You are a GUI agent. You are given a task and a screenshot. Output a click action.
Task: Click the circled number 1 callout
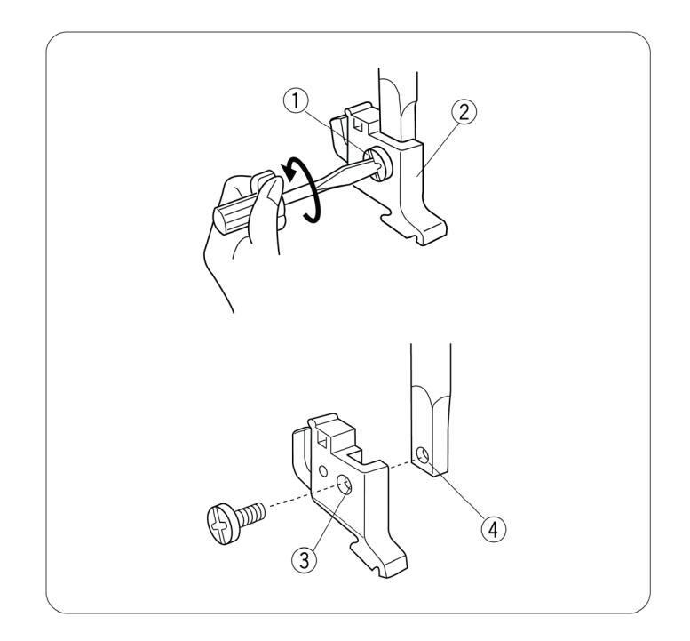tap(296, 101)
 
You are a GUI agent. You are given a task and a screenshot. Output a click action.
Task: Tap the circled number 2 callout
tap(464, 112)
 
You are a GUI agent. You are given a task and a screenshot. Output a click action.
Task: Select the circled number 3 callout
tap(304, 560)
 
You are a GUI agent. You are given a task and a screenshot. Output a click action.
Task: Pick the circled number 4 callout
tap(493, 528)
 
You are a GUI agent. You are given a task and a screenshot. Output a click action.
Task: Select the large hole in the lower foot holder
tap(345, 485)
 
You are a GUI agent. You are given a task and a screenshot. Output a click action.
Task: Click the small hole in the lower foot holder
tap(323, 471)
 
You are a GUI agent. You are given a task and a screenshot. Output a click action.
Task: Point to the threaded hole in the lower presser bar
tap(423, 455)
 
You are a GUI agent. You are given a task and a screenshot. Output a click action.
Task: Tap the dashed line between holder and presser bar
tap(401, 464)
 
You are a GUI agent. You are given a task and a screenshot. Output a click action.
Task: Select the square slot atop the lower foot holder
tap(321, 438)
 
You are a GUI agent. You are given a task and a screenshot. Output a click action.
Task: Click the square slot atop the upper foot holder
tap(359, 125)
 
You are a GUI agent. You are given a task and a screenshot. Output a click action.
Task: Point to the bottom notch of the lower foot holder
tap(376, 571)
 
